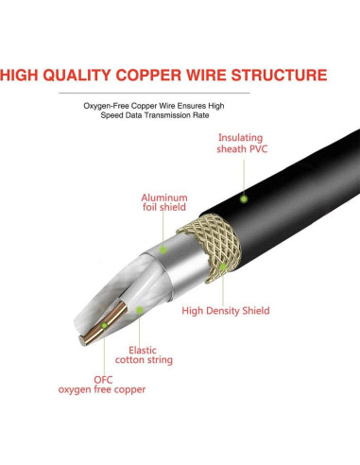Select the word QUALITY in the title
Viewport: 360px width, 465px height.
82,75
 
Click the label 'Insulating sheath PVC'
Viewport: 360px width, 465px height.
242,143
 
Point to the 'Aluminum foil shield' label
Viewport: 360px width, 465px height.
164,202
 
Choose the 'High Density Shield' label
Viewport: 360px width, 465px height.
226,310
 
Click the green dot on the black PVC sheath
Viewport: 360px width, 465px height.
243,198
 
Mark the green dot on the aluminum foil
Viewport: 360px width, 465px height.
163,250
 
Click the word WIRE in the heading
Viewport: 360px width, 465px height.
214,75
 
